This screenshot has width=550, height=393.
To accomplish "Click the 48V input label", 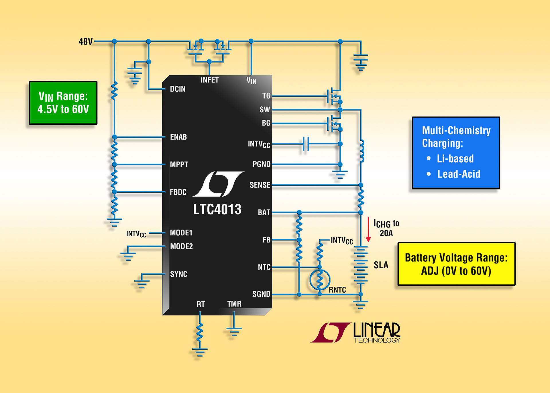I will (85, 42).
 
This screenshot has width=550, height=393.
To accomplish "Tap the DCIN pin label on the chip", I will (178, 89).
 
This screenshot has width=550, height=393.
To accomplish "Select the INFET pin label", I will (209, 80).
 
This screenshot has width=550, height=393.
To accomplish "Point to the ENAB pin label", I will (178, 137).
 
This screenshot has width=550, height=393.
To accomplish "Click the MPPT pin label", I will (179, 165).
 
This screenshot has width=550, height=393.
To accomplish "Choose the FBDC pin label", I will (178, 192).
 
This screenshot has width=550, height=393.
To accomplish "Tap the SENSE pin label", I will (260, 185).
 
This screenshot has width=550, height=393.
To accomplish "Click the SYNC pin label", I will (178, 274).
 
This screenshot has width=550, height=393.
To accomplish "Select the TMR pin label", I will (234, 304).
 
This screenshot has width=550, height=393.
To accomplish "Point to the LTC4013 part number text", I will (217, 209).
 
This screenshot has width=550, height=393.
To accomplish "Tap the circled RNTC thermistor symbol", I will (320, 279).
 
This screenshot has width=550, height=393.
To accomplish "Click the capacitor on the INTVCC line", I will (306, 144).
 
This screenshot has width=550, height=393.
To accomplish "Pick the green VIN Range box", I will (63, 103).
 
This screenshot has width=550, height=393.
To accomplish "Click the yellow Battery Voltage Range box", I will (456, 264).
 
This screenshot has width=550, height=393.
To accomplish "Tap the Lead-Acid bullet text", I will (458, 174).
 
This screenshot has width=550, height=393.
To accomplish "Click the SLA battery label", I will (381, 265).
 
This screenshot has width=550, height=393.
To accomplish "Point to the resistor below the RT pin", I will (200, 332).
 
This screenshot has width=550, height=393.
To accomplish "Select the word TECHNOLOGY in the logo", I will (377, 340).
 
